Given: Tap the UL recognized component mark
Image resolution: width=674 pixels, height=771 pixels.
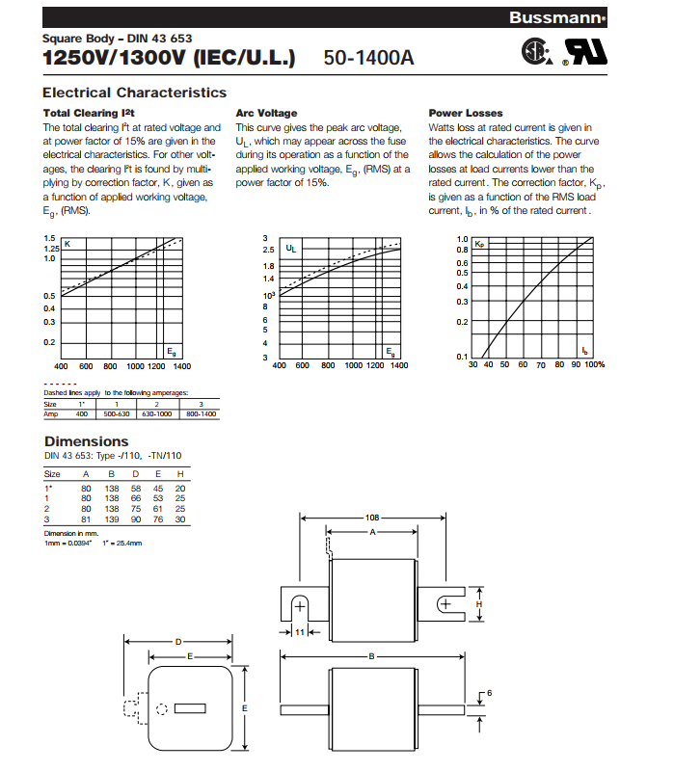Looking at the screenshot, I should [x=587, y=54].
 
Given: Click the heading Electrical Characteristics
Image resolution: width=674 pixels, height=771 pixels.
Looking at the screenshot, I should [x=135, y=93].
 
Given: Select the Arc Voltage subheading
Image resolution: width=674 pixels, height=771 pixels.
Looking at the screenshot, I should [x=266, y=114].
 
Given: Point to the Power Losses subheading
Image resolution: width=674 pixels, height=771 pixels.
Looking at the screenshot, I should [x=466, y=114].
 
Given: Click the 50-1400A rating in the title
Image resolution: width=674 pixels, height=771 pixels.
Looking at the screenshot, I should [x=368, y=58].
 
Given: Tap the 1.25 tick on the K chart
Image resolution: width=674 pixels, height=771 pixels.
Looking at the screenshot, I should [x=50, y=249].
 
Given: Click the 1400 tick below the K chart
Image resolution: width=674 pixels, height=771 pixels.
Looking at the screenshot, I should [x=181, y=366].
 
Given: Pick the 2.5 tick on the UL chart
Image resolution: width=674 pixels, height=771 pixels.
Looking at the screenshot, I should [x=269, y=250].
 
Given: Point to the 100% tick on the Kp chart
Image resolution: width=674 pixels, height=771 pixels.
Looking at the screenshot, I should [x=594, y=365].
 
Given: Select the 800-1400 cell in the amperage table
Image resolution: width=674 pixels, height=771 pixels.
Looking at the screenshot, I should [x=201, y=413].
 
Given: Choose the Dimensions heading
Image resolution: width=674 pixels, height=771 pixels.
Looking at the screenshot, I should [x=87, y=442].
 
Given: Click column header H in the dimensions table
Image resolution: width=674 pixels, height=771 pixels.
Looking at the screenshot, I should [x=180, y=474].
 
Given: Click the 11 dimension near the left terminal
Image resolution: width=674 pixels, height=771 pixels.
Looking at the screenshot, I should [x=300, y=632].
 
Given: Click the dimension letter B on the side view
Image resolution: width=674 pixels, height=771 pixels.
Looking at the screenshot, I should [x=371, y=655].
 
